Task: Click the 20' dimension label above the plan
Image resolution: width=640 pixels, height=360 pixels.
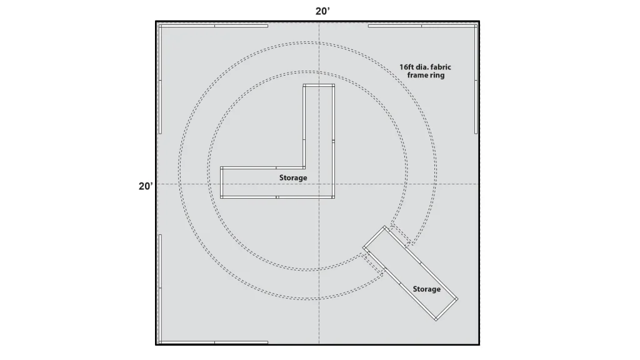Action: click(322, 11)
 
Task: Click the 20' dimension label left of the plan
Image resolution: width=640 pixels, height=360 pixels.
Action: click(146, 186)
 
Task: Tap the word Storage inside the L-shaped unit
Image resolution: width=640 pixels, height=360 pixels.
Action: click(293, 177)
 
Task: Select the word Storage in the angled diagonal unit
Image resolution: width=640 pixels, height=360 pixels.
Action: click(426, 289)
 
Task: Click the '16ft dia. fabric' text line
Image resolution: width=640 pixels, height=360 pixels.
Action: click(425, 67)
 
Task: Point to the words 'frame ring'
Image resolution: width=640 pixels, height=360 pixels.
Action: click(426, 75)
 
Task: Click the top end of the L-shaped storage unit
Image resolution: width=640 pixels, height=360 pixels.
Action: click(319, 85)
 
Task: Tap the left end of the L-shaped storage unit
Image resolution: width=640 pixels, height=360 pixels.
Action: click(222, 182)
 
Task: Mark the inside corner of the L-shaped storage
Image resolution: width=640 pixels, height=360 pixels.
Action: click(304, 167)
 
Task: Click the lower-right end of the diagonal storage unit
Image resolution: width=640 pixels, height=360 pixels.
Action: click(446, 309)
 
